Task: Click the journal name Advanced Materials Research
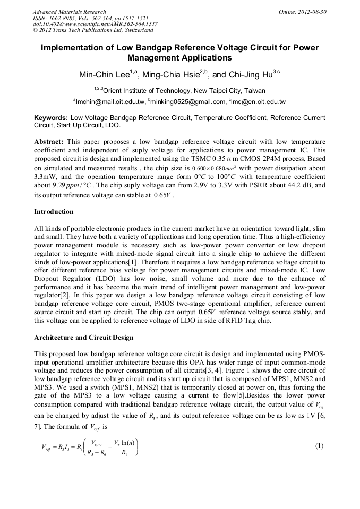(x=69, y=12)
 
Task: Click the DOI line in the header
(x=95, y=24)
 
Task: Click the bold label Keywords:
(x=51, y=117)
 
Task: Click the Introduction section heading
(x=54, y=212)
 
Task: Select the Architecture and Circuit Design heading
(x=83, y=338)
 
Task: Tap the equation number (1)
(x=319, y=446)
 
